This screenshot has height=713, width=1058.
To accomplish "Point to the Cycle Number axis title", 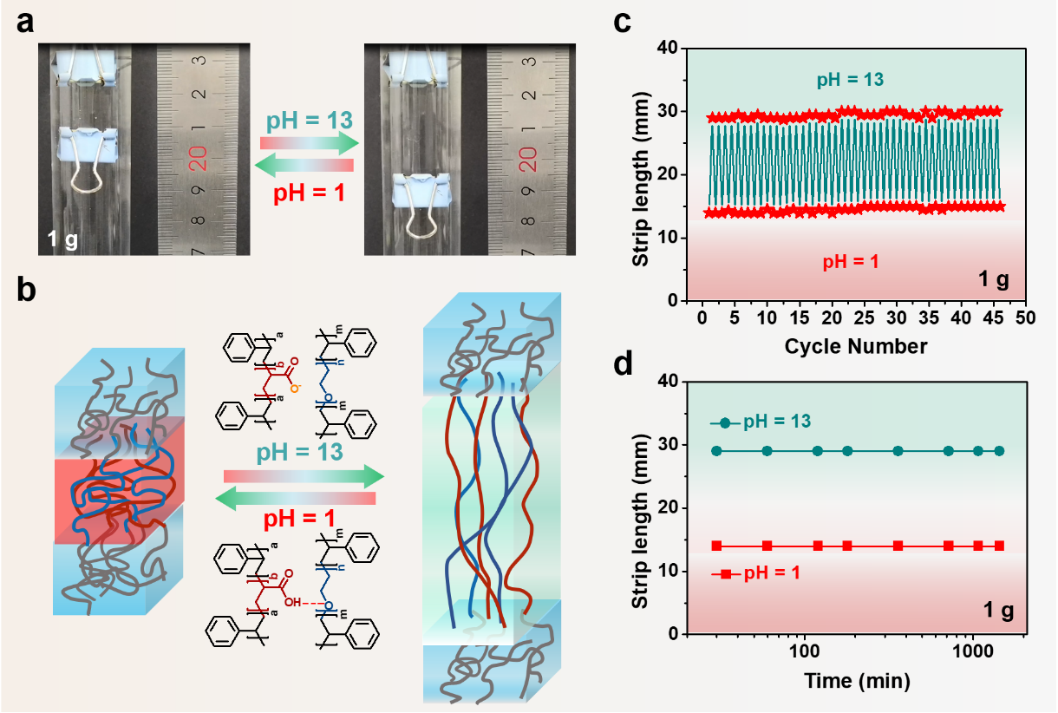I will tap(856, 346).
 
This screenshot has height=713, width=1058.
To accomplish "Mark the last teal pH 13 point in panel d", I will tap(999, 451).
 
